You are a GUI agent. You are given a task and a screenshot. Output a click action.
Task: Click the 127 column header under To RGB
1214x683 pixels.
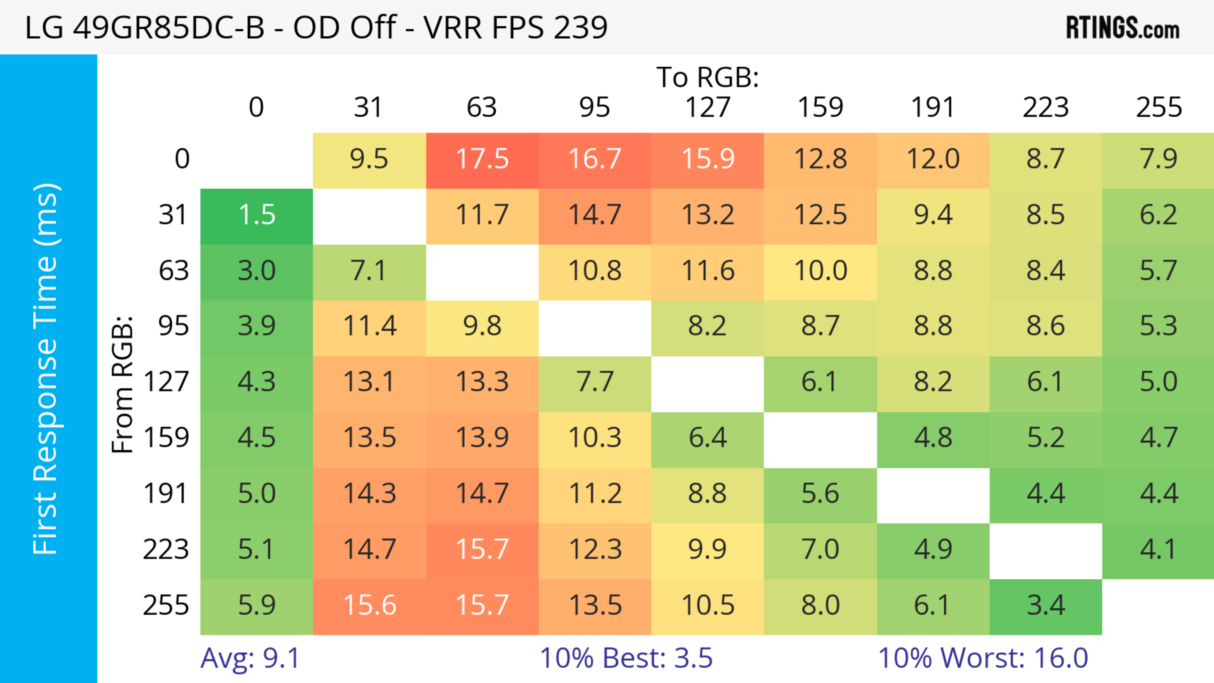pos(708,108)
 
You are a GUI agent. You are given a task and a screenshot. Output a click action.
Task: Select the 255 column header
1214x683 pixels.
pos(1158,108)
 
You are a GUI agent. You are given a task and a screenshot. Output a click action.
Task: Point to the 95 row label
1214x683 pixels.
pos(174,326)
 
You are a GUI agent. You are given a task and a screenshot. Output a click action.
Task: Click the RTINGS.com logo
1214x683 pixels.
pos(1123,28)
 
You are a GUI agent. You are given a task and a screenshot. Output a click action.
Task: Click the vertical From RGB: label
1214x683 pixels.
pos(123,384)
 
